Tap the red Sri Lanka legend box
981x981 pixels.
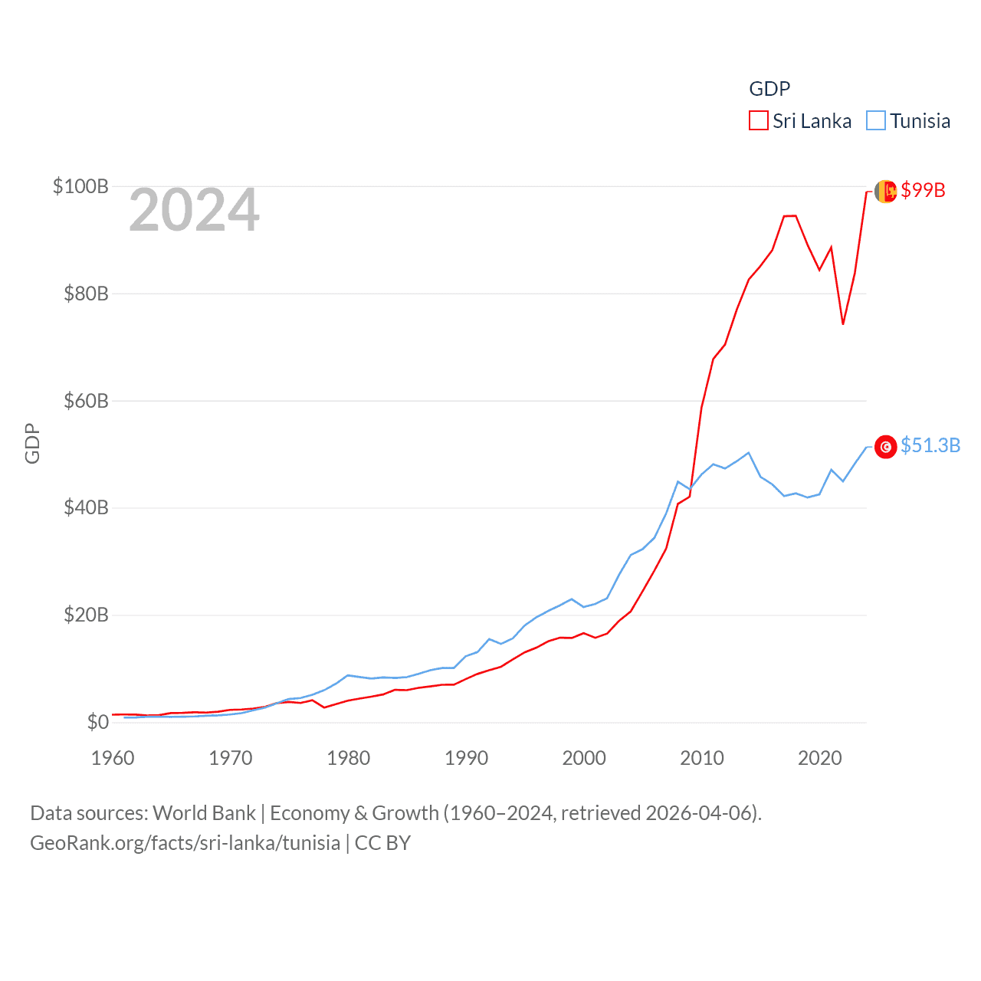click(x=759, y=121)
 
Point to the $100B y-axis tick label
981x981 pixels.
click(x=80, y=186)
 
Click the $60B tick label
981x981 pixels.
click(x=86, y=401)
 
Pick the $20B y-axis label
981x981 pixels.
click(x=86, y=615)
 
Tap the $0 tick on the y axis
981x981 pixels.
click(x=97, y=722)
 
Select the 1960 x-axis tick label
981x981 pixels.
click(x=113, y=758)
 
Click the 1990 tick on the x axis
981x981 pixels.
click(x=466, y=758)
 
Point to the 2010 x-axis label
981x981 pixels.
click(x=702, y=758)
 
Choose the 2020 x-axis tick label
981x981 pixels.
click(x=819, y=758)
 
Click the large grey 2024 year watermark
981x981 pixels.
click(x=194, y=210)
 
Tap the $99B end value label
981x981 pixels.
click(x=923, y=190)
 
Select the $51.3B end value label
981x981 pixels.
click(x=930, y=445)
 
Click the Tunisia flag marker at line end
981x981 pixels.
click(x=886, y=447)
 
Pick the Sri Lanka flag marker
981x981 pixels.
click(x=886, y=192)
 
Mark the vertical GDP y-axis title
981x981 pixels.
click(x=32, y=443)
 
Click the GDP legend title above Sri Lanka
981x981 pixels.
click(x=769, y=89)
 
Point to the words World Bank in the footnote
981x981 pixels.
click(x=205, y=812)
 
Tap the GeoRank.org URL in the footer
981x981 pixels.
click(x=185, y=843)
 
